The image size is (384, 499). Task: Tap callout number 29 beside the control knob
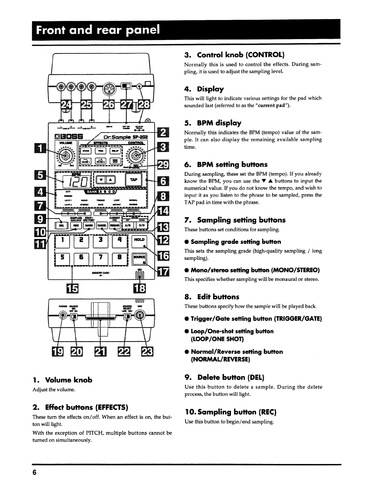pyautogui.click(x=163, y=164)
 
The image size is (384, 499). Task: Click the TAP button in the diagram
pyautogui.click(x=133, y=180)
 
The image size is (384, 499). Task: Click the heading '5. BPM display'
pyautogui.click(x=213, y=123)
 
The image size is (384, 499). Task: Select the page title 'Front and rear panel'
pyautogui.click(x=98, y=30)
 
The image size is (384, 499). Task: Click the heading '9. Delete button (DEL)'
pyautogui.click(x=224, y=377)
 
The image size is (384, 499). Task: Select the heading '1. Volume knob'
pyautogui.click(x=62, y=380)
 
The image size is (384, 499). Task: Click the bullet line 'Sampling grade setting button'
pyautogui.click(x=236, y=242)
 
